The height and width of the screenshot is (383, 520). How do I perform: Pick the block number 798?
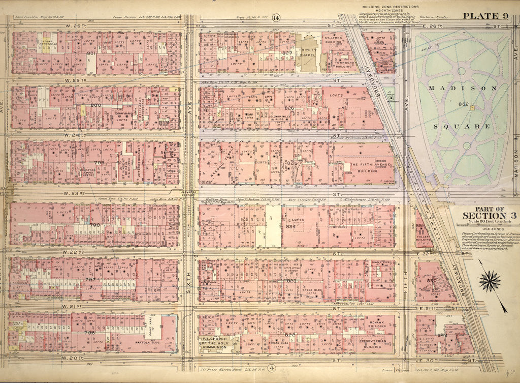coord(94,224)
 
